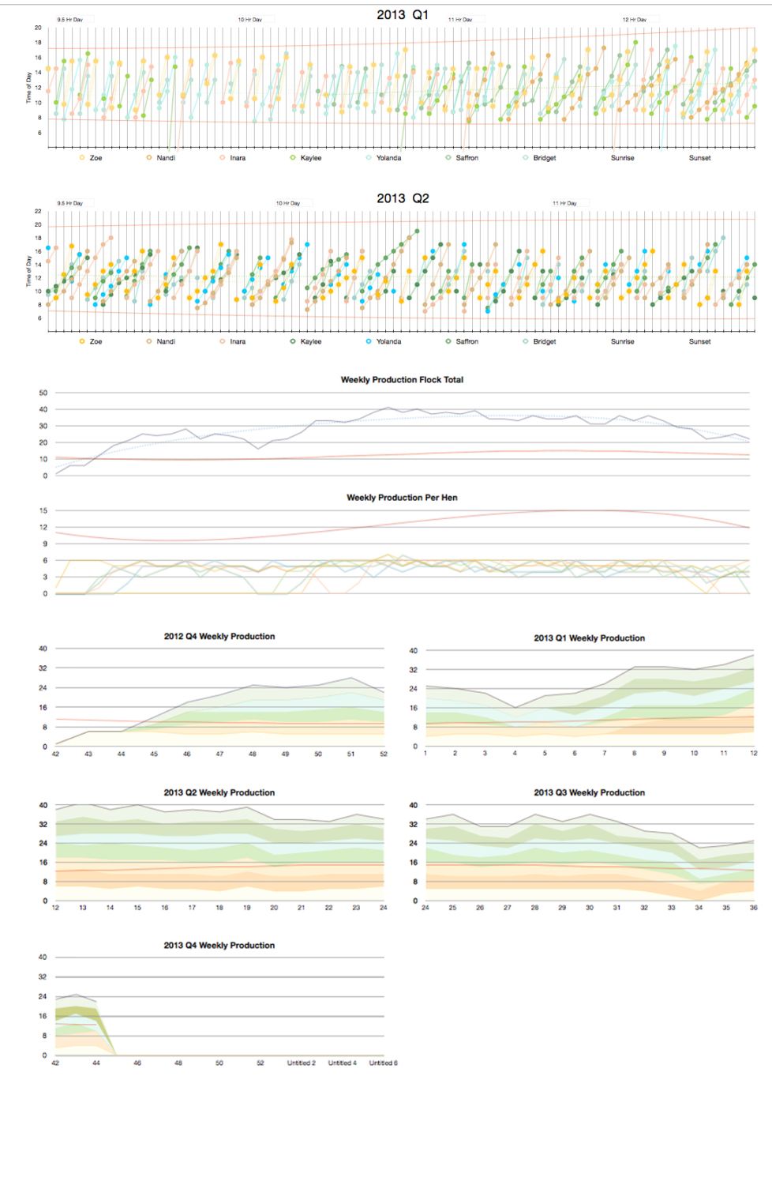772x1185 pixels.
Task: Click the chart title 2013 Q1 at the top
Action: click(x=403, y=14)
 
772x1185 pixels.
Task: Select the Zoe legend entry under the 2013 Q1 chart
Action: click(x=96, y=158)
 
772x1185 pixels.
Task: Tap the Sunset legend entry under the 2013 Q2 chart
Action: click(x=699, y=342)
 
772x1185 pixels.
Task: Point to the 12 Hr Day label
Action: click(x=634, y=20)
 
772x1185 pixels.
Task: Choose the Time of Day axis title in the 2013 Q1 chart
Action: click(x=29, y=88)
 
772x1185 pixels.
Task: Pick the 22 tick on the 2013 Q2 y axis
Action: click(x=38, y=212)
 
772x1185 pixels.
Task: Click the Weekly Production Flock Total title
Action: click(x=402, y=380)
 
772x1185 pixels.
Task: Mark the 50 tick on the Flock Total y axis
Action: click(x=43, y=393)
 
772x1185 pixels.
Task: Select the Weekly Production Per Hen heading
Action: click(x=402, y=498)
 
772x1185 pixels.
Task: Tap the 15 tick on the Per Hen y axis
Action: click(x=43, y=510)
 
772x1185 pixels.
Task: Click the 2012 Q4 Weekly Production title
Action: click(x=219, y=637)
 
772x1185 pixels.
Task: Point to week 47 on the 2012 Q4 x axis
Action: click(x=219, y=754)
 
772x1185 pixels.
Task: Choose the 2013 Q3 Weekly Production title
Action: click(x=589, y=792)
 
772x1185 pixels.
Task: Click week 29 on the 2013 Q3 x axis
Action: click(x=562, y=908)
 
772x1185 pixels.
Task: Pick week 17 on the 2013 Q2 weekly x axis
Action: click(x=192, y=908)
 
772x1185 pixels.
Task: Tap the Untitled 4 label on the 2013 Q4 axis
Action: click(x=342, y=1063)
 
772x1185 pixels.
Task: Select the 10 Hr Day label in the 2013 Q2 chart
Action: click(x=287, y=204)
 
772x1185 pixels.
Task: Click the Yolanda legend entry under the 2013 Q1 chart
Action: click(x=388, y=158)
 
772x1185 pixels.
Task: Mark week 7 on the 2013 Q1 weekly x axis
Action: click(x=605, y=754)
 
